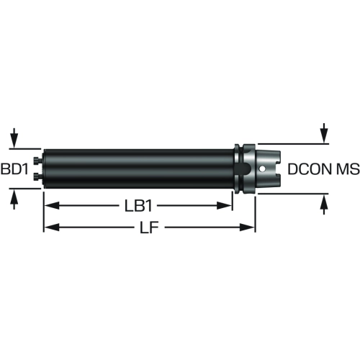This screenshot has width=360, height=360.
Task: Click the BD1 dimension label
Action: [14, 168]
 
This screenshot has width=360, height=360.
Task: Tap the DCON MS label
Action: [323, 168]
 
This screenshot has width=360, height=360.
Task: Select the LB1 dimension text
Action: [138, 206]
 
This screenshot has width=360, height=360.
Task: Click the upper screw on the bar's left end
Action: [37, 160]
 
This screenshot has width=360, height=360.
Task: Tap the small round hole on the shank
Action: [262, 169]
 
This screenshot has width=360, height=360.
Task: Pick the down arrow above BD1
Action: [14, 138]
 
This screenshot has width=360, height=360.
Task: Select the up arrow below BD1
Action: [14, 199]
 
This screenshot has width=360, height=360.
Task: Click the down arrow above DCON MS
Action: [324, 132]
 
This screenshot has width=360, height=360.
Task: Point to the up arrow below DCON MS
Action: [324, 204]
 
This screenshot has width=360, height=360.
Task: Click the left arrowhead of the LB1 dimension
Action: [51, 206]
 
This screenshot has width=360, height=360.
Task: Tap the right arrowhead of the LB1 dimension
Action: [225, 206]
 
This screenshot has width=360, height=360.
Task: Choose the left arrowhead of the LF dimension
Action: [51, 227]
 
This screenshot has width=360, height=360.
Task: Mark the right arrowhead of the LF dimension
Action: [247, 227]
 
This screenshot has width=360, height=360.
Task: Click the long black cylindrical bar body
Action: [139, 168]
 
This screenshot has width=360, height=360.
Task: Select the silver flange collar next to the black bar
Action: [244, 168]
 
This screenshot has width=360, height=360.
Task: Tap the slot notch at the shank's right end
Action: [278, 168]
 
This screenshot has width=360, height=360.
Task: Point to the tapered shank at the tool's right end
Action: [267, 168]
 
